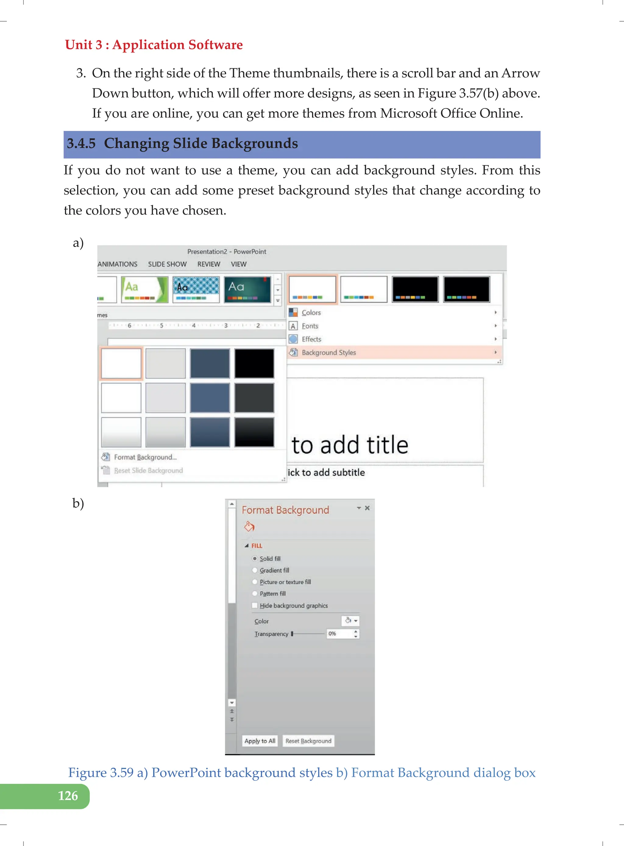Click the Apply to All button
click(260, 741)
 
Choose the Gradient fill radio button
click(255, 570)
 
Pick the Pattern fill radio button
click(255, 594)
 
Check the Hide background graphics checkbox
click(255, 605)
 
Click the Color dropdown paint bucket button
click(350, 621)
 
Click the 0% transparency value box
click(339, 633)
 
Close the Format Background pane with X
click(367, 508)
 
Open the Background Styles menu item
click(329, 352)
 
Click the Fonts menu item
click(310, 326)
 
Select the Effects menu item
click(311, 339)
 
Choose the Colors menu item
click(311, 312)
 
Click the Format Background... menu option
click(145, 457)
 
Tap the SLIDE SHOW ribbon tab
click(167, 264)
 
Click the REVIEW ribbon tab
click(208, 264)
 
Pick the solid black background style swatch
click(254, 363)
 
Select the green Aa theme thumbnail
click(144, 289)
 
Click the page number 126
click(68, 795)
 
